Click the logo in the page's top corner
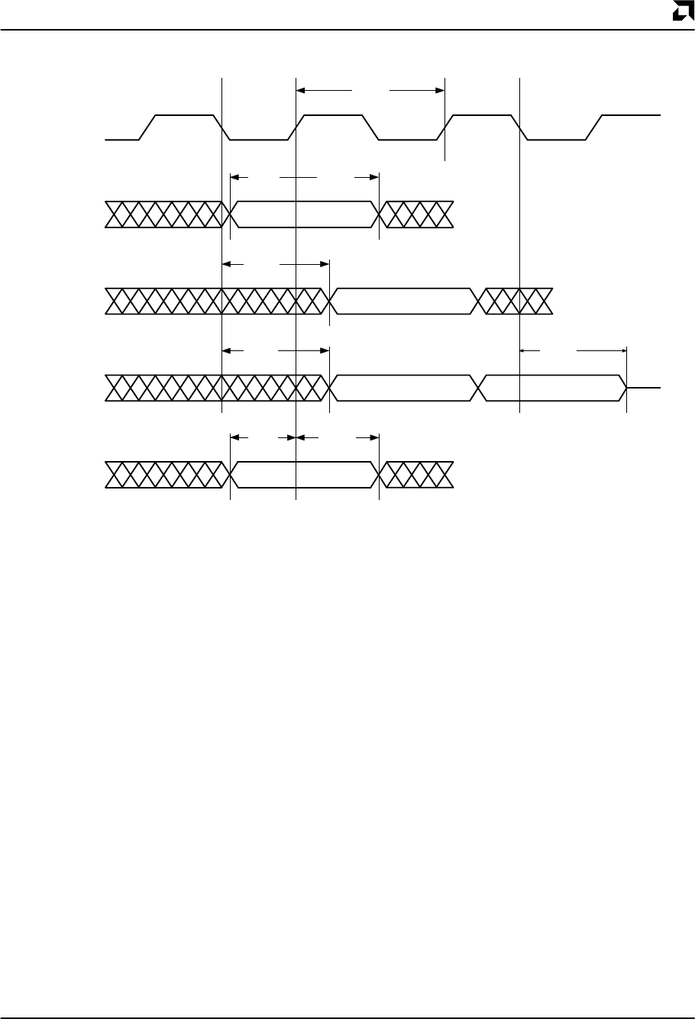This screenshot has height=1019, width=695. pos(681,12)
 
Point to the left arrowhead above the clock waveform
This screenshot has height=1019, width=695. pos(300,90)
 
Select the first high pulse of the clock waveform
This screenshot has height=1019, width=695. pos(185,116)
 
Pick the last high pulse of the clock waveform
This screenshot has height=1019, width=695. pos(630,116)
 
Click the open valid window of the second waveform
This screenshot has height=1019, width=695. pos(304,214)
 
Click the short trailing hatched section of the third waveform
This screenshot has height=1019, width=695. pos(516,302)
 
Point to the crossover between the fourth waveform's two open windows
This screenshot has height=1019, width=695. pos(480,388)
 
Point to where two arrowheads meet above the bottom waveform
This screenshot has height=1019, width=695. pos(296,437)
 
